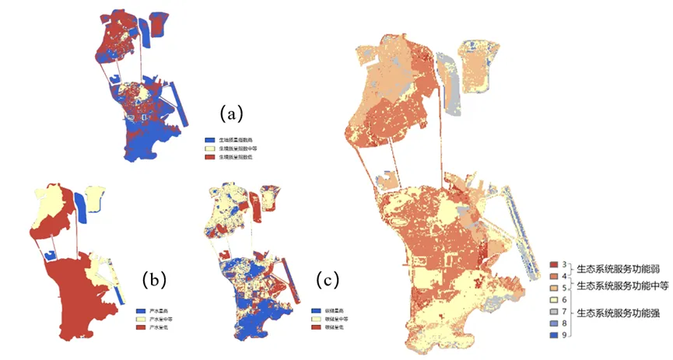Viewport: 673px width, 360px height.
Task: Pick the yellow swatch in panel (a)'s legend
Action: coord(209,149)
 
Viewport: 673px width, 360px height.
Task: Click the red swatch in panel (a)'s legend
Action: coord(209,158)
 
